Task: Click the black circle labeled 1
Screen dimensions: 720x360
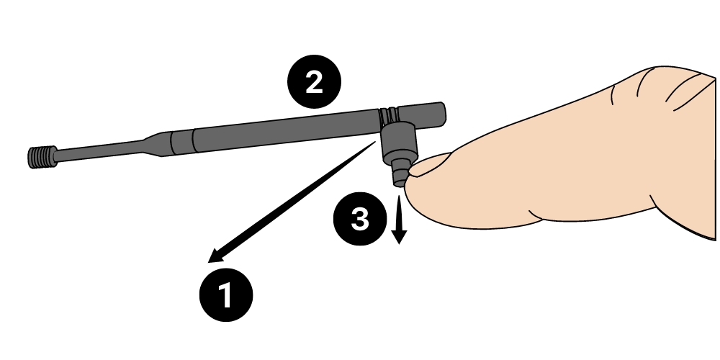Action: point(226,294)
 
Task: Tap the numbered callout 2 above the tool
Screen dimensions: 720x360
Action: point(314,82)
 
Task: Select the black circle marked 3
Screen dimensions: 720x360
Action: point(360,219)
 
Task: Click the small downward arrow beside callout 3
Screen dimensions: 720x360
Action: point(399,220)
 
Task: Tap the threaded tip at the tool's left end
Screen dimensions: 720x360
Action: point(42,157)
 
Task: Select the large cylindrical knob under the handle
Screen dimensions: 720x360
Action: point(399,141)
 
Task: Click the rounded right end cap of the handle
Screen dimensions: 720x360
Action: point(439,114)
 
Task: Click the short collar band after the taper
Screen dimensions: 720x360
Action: point(182,142)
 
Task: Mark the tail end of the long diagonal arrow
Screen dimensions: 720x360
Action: point(374,143)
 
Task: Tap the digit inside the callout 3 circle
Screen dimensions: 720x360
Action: point(360,219)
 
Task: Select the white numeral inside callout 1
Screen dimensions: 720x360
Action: point(225,294)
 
